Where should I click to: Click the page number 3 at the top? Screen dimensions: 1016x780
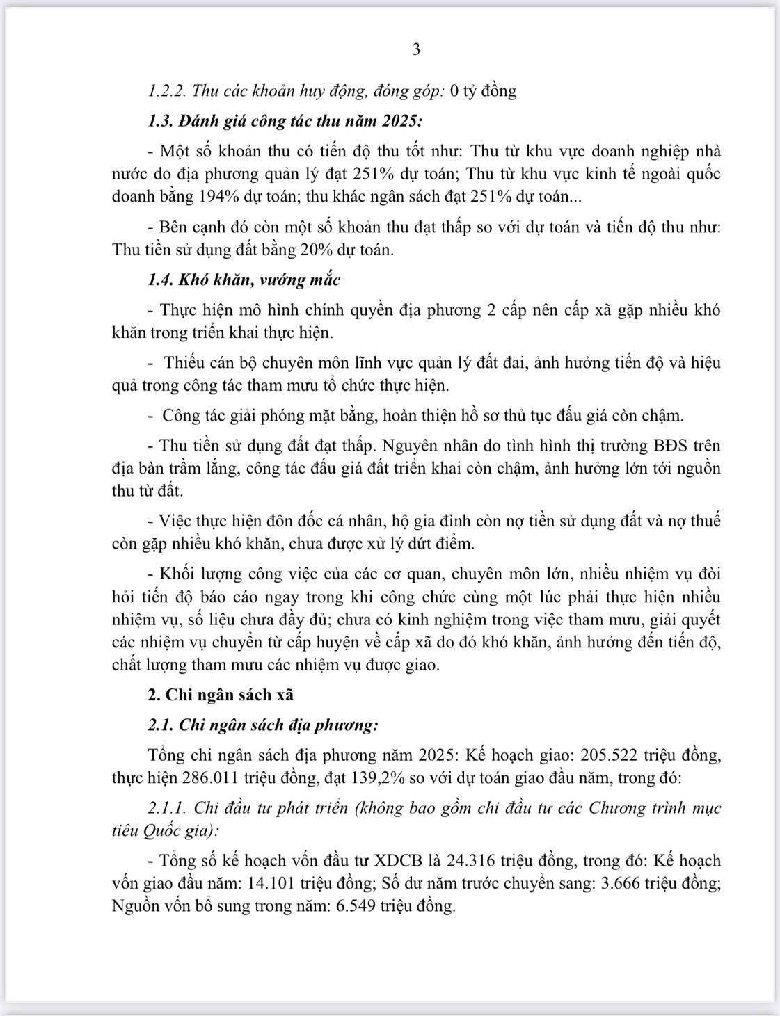pos(416,49)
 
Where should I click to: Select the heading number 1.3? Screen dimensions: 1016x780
pos(161,121)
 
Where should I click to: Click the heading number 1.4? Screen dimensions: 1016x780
pos(161,280)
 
